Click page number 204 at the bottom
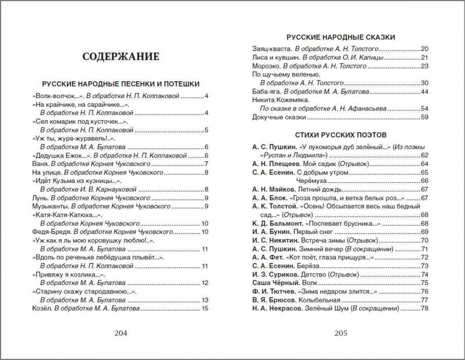click(x=121, y=333)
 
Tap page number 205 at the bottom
click(x=339, y=333)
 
